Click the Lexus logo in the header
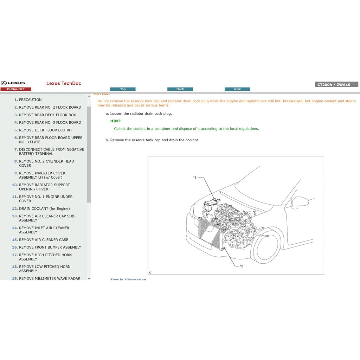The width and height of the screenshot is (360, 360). click(x=13, y=83)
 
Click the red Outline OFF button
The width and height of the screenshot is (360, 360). click(x=16, y=89)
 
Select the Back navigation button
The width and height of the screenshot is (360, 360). click(x=180, y=89)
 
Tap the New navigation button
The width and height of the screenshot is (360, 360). click(x=237, y=89)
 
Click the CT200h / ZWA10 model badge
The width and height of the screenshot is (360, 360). click(x=336, y=85)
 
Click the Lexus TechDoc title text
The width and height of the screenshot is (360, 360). click(x=64, y=83)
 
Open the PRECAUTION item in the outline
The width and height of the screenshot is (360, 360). click(x=30, y=100)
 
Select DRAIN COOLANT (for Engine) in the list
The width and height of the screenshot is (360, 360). click(x=44, y=209)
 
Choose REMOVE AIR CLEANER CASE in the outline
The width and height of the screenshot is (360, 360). click(x=44, y=240)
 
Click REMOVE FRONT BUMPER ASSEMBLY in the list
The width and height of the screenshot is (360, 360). click(x=50, y=247)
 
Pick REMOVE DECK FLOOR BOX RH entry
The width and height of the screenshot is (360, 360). click(x=45, y=130)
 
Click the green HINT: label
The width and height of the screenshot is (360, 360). click(x=116, y=121)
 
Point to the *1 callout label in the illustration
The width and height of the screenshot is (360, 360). click(x=195, y=178)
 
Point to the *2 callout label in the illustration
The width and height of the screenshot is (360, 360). click(x=241, y=266)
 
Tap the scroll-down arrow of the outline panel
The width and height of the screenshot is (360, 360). click(x=89, y=278)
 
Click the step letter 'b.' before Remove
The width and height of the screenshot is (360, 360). click(x=107, y=140)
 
